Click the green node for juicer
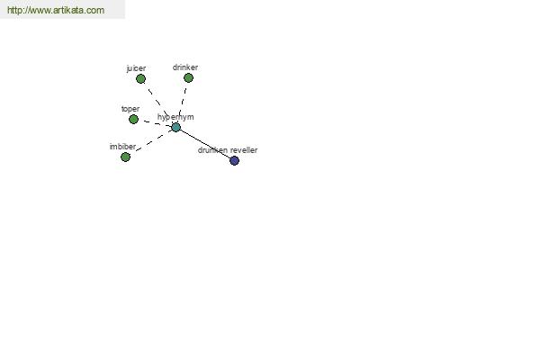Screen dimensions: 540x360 coord(140,79)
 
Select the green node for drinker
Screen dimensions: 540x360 coord(188,78)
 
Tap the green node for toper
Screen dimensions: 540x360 coord(133,119)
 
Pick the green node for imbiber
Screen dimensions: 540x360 coord(125,157)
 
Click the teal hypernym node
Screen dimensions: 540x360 coord(176,128)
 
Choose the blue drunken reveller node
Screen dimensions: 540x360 coord(234,160)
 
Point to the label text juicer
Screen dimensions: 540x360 coord(136,68)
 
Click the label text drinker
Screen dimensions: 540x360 coord(185,67)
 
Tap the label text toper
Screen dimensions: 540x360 coord(130,109)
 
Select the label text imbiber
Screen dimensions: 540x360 coord(122,147)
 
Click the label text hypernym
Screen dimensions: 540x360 coord(175,117)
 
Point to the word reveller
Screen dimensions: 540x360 coord(244,150)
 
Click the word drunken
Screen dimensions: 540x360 coord(212,150)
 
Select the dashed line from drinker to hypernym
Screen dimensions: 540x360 coord(183,102)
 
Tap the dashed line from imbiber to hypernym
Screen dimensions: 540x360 coord(154,140)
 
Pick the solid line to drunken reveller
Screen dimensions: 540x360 coord(205,144)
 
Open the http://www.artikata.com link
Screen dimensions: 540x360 coord(56,10)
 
